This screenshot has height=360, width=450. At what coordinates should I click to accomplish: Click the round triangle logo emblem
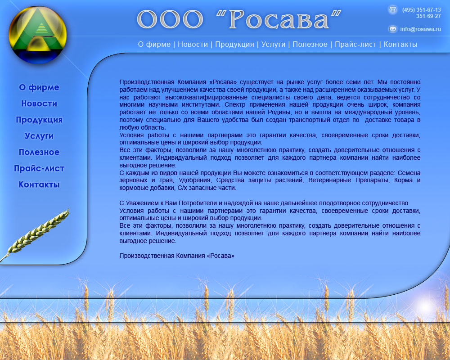tap(38, 35)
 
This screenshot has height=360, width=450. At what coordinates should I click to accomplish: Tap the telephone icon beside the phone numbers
tap(393, 9)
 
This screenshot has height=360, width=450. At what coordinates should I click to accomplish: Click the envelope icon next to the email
tap(393, 29)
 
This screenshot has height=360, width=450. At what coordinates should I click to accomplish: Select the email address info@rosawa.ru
tap(420, 29)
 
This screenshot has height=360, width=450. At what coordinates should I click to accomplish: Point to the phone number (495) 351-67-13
tap(421, 9)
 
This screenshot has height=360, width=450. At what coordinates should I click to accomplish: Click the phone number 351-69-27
tap(428, 16)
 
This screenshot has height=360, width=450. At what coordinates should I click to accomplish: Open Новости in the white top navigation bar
tap(193, 44)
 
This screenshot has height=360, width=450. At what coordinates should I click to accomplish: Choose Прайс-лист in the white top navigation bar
tap(355, 44)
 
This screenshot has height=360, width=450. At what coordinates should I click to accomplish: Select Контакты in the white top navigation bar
tap(400, 44)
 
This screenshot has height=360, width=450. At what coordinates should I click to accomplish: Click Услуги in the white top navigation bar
tap(273, 44)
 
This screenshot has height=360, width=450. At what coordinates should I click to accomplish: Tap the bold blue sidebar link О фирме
tap(39, 87)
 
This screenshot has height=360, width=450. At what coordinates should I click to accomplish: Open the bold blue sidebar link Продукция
tap(39, 120)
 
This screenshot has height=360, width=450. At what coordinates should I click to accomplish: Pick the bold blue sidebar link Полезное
tap(39, 152)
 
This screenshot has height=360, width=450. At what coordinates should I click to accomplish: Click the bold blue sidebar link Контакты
tap(39, 184)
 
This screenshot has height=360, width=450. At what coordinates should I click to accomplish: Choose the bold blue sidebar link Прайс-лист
tap(39, 168)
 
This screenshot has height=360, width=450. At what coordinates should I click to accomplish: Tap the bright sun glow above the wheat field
tap(424, 306)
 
